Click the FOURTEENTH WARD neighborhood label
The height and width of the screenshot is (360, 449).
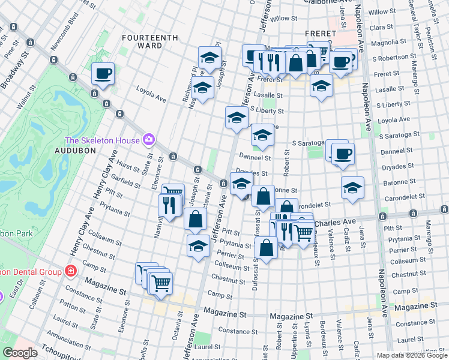point(150,41)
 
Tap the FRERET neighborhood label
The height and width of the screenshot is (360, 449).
point(319,33)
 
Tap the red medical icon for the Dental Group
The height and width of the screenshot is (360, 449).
point(70,271)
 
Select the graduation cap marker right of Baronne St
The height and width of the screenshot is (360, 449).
point(352,187)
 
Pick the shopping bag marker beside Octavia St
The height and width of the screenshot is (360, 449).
point(195,219)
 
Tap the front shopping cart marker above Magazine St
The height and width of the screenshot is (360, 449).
point(160,283)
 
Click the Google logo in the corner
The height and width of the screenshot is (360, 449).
point(20,353)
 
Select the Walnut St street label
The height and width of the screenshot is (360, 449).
point(24,97)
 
